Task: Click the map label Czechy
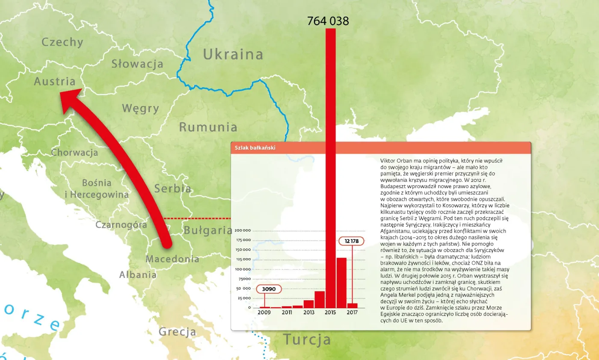coord(62,42)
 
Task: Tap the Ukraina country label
coord(233,55)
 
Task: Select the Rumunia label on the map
coord(208,127)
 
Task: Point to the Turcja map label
coord(307,340)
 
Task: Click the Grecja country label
coord(178,332)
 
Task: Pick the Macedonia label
coord(172,259)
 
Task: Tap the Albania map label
coord(138,274)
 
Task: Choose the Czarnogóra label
coord(122,225)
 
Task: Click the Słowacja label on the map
coord(137,64)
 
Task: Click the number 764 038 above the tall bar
coord(328,21)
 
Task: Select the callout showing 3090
coord(269,289)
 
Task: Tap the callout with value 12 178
coord(351,241)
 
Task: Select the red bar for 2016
coord(341,283)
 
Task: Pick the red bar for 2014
coord(320,299)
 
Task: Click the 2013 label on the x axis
coord(308,313)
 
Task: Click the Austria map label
coord(54,82)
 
